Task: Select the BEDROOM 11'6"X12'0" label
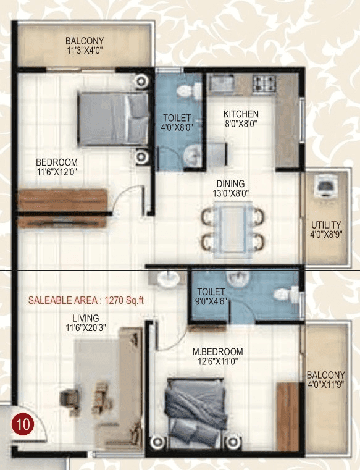point(56,167)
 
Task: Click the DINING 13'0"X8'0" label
point(230,188)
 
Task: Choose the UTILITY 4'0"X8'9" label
point(326,229)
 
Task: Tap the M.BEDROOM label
point(217,356)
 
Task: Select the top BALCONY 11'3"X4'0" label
point(84,46)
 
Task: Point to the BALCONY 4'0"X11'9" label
point(325,379)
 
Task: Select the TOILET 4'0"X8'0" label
point(177,123)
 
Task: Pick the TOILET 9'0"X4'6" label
point(211,296)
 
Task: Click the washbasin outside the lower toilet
point(167,279)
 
